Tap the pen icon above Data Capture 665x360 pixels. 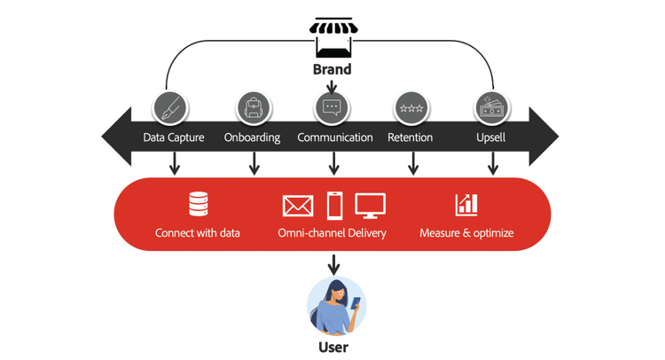(168, 108)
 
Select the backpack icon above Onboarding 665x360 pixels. (253, 108)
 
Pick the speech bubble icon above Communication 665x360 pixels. (332, 108)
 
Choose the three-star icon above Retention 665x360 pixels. (411, 108)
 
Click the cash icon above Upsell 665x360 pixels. (490, 107)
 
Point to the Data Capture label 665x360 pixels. (174, 137)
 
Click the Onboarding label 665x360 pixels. (252, 137)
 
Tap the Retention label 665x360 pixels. (411, 137)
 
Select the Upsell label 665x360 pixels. (490, 137)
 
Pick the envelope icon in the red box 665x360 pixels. (298, 206)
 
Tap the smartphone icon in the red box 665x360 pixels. (335, 206)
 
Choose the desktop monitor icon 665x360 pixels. (371, 206)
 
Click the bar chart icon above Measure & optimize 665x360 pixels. (466, 205)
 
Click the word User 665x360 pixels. (333, 348)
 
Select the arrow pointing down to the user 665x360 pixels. (333, 262)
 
